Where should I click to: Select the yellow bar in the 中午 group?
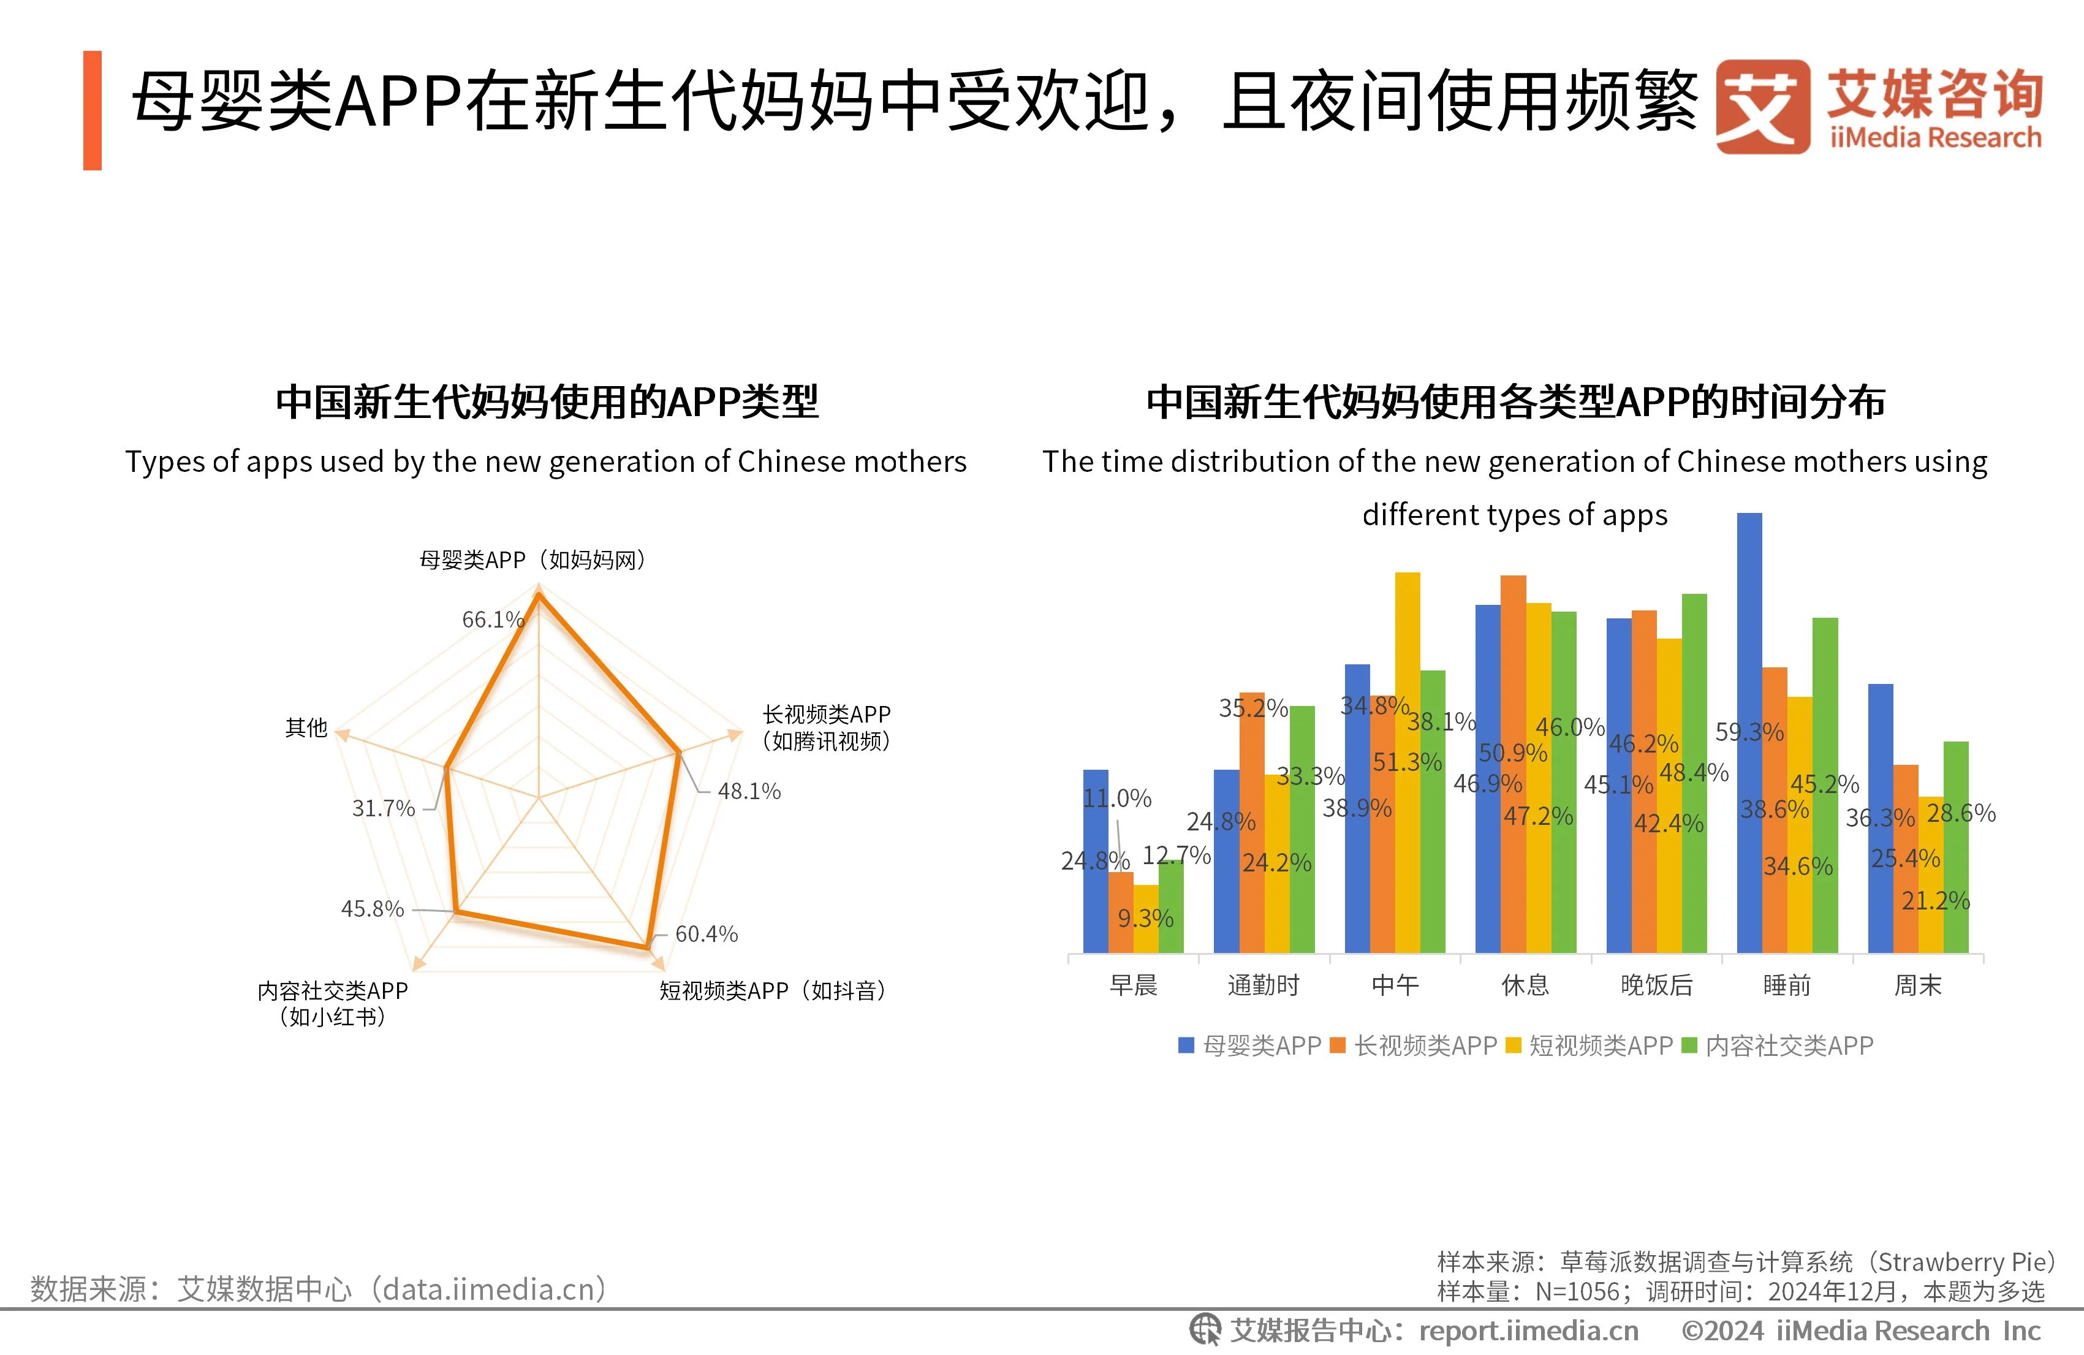[1407, 762]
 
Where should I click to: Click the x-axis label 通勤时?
[1263, 985]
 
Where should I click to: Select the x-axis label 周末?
[1917, 985]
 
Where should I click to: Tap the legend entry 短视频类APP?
[1600, 1045]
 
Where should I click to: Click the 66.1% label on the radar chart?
[492, 619]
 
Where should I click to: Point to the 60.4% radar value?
[706, 934]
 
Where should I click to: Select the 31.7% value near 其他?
[382, 808]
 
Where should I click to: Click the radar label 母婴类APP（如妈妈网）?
[533, 560]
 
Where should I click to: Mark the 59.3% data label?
[1749, 731]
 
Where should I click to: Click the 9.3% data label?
[1145, 918]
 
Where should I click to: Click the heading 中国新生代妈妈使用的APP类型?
[547, 402]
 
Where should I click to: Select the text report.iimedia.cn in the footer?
[1528, 1330]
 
